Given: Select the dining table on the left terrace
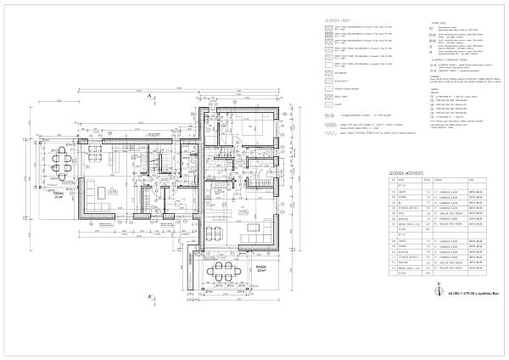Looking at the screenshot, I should (59, 160).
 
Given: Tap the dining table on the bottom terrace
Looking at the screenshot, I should (224, 271).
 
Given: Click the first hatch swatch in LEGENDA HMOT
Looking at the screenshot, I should (327, 29).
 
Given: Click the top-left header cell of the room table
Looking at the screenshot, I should (394, 181).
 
